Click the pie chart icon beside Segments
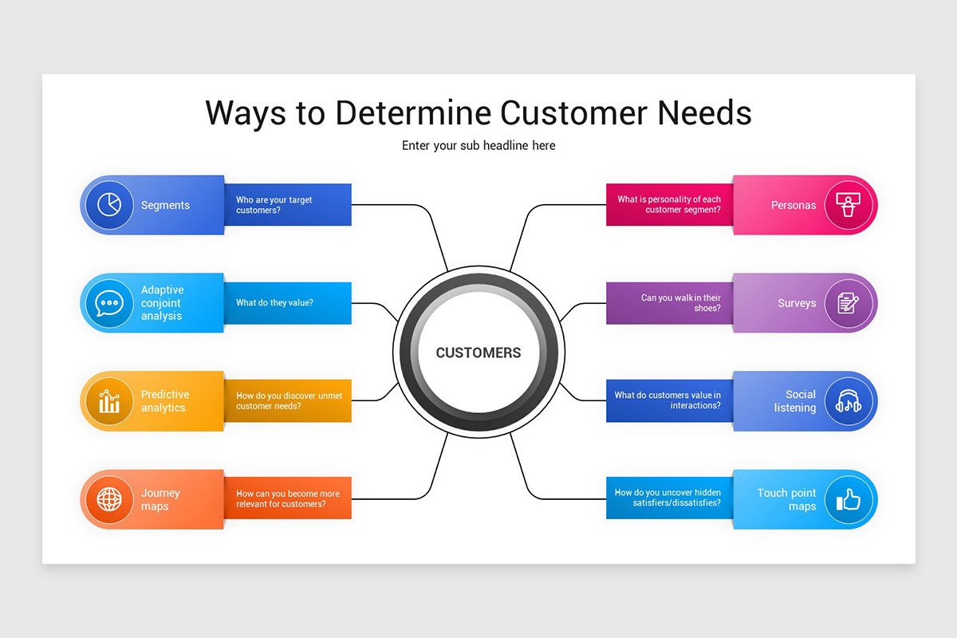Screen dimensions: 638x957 pyautogui.click(x=109, y=205)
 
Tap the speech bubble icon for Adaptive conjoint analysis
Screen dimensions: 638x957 pyautogui.click(x=109, y=303)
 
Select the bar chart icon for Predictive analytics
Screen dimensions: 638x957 pyautogui.click(x=109, y=401)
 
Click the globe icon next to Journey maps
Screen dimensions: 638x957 pyautogui.click(x=109, y=500)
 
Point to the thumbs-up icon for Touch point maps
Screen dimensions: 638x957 pyautogui.click(x=849, y=500)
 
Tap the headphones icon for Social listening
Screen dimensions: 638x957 pyautogui.click(x=849, y=401)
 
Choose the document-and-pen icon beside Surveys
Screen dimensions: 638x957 pyautogui.click(x=849, y=303)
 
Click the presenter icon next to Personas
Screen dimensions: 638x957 pyautogui.click(x=849, y=205)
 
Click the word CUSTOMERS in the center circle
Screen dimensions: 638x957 pyautogui.click(x=478, y=352)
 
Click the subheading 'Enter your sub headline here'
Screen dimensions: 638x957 pyautogui.click(x=478, y=145)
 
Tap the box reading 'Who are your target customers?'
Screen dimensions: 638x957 pyautogui.click(x=288, y=205)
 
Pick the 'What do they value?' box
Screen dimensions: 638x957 pyautogui.click(x=288, y=303)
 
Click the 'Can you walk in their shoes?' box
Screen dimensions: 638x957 pyautogui.click(x=669, y=303)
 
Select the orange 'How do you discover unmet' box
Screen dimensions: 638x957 pyautogui.click(x=288, y=401)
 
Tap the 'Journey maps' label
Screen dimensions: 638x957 pyautogui.click(x=160, y=500)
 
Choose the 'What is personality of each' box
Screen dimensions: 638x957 pyautogui.click(x=669, y=205)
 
